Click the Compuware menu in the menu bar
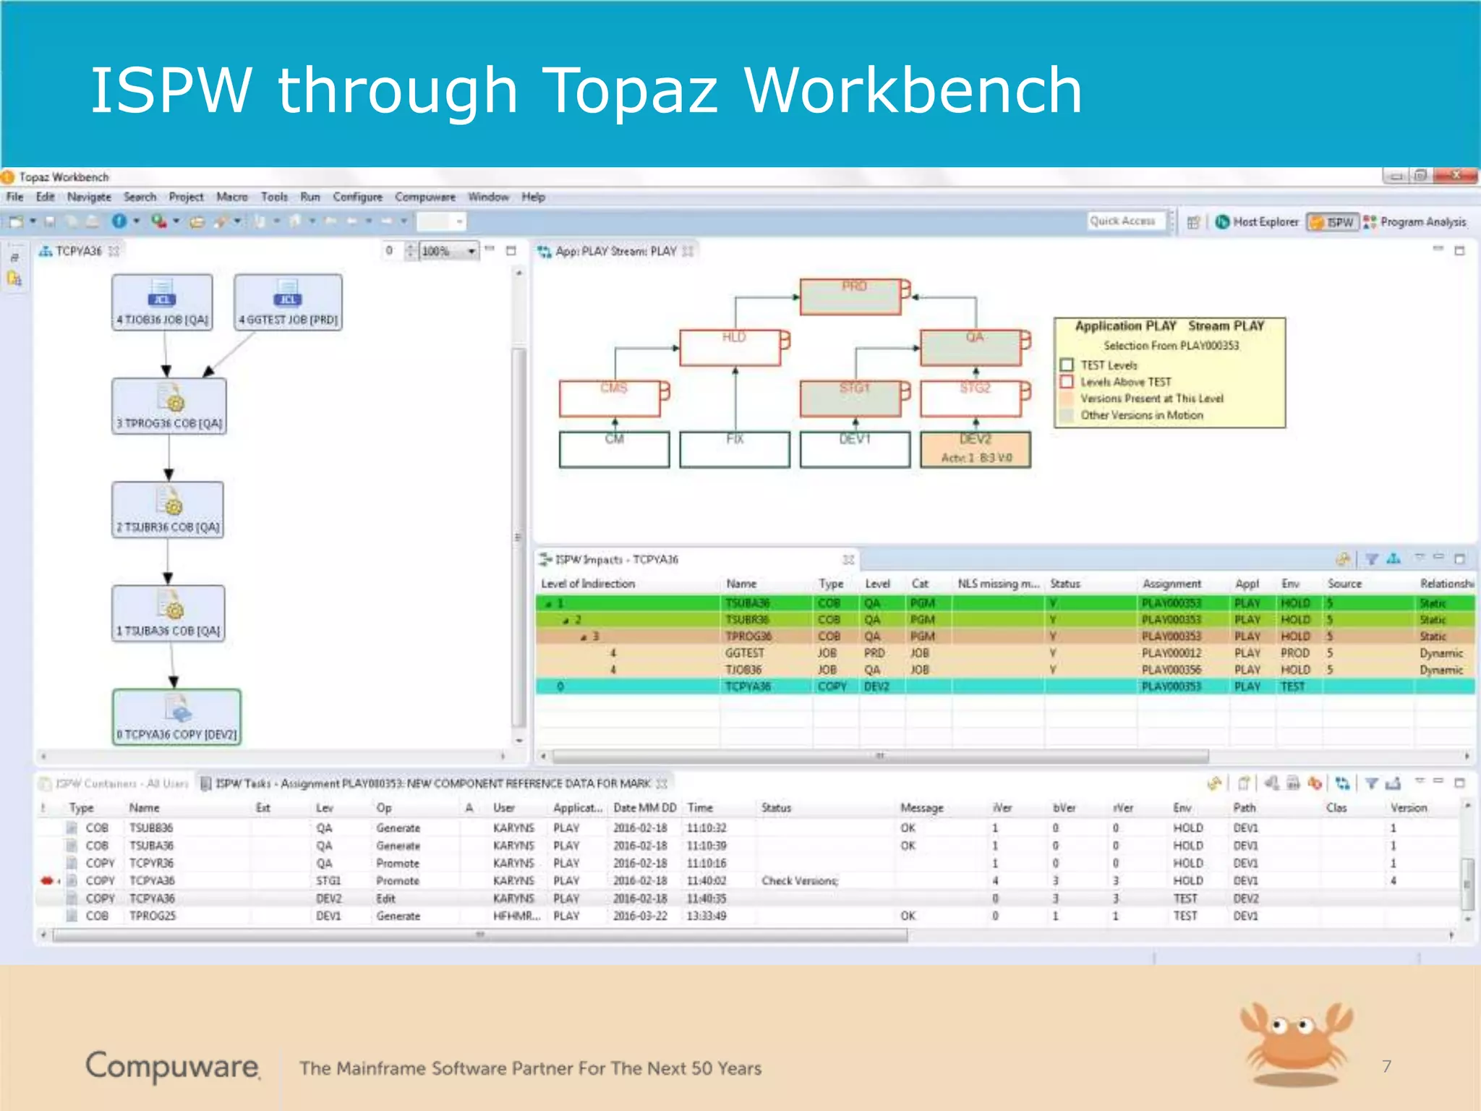[x=424, y=197]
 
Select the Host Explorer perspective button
[x=1258, y=222]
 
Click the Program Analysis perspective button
[x=1415, y=222]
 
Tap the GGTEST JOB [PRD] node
[x=288, y=302]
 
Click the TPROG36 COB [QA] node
[x=169, y=406]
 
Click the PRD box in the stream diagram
[x=850, y=297]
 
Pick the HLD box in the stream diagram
[x=730, y=348]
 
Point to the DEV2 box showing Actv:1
[x=975, y=450]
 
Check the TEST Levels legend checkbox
[x=1067, y=365]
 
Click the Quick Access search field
[x=1125, y=221]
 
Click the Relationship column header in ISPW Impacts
[x=1446, y=584]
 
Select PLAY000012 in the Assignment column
[x=1171, y=653]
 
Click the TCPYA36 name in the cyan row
[x=748, y=686]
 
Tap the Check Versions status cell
[x=799, y=881]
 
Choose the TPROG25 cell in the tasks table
[x=152, y=916]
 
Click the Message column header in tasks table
[x=921, y=808]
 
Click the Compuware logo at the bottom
[x=172, y=1066]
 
